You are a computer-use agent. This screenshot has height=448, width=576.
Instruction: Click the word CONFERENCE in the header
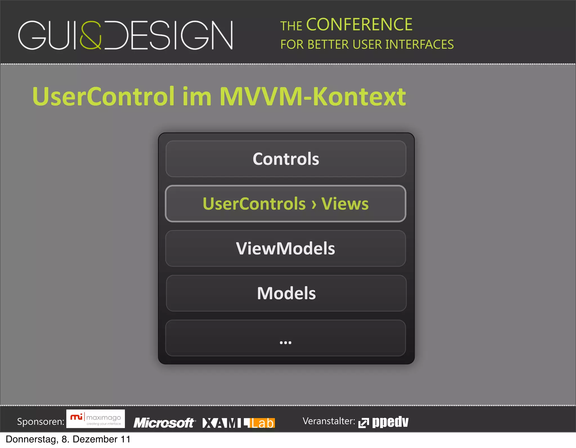(x=359, y=25)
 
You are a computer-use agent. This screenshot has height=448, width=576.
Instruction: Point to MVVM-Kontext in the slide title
(x=312, y=96)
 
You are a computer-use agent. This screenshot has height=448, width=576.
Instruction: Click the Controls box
(x=286, y=159)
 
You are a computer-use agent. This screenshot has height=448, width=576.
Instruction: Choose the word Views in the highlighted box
(x=345, y=204)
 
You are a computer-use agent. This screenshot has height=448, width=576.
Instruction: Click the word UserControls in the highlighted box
(x=254, y=204)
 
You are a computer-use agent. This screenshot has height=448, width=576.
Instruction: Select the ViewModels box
(x=285, y=249)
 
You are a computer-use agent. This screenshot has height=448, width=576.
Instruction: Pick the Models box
(x=286, y=293)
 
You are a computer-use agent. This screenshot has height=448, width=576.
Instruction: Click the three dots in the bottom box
(x=285, y=342)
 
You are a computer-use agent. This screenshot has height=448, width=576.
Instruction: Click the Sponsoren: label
(x=41, y=422)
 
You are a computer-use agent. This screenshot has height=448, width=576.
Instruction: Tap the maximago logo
(x=96, y=419)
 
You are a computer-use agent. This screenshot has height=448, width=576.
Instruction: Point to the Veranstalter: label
(x=329, y=421)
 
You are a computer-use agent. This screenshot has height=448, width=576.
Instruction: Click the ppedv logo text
(x=390, y=422)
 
